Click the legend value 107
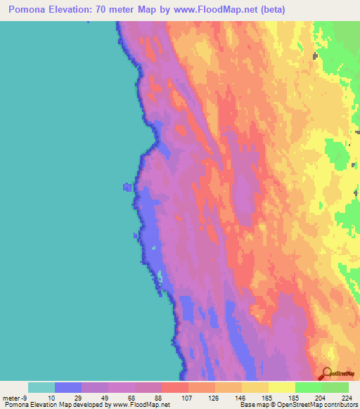[188, 397]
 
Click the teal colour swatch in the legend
[41, 387]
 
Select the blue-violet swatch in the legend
[68, 387]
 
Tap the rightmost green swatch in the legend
[335, 387]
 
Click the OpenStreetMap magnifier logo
[326, 372]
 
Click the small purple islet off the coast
[127, 186]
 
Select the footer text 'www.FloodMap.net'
[141, 405]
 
